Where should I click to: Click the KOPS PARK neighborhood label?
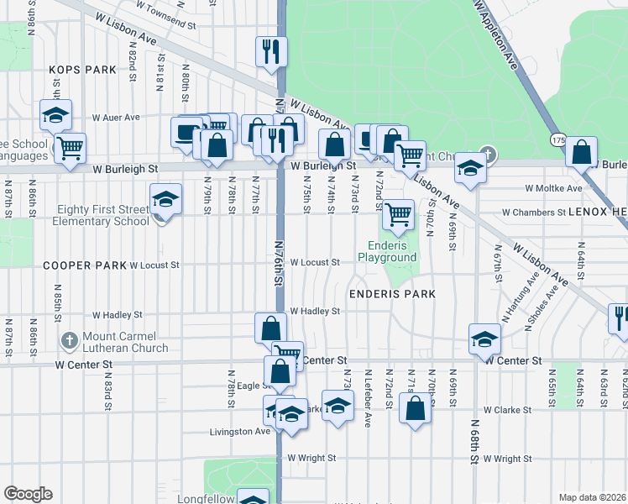(x=81, y=70)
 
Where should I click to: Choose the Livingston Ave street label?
(x=239, y=432)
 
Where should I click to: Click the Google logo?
(x=28, y=494)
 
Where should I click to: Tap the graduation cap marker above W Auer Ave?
(x=55, y=114)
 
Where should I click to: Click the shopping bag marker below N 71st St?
(x=415, y=409)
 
